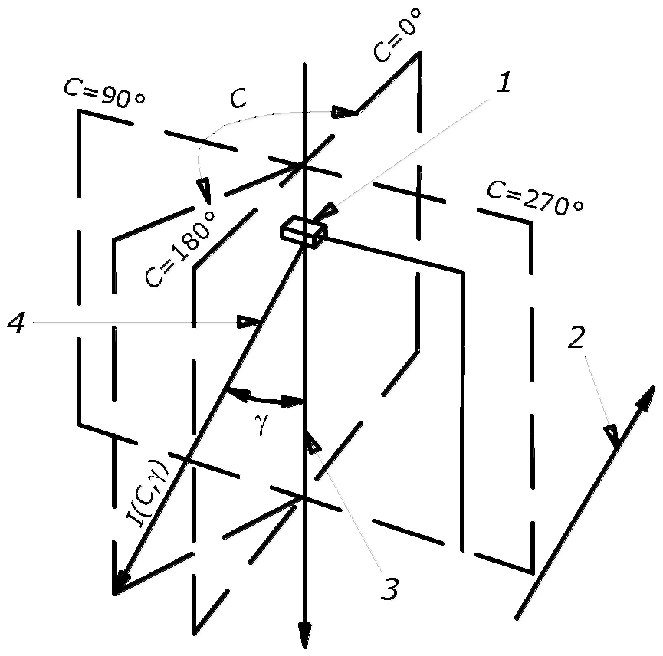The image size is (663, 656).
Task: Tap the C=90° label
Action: (x=104, y=93)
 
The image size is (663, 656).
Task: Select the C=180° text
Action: (x=179, y=248)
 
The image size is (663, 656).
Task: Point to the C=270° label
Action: (x=535, y=198)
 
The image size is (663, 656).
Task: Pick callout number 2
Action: (x=576, y=336)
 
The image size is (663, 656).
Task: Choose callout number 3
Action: (x=389, y=589)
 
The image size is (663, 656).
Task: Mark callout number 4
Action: (x=16, y=323)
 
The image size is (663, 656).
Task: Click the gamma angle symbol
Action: (x=262, y=424)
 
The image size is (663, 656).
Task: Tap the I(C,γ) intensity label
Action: (x=148, y=494)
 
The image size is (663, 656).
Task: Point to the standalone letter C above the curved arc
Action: (x=238, y=98)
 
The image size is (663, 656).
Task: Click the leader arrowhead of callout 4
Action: (x=248, y=323)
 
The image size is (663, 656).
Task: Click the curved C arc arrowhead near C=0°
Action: (x=344, y=113)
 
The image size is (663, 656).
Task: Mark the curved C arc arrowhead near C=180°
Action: (x=205, y=191)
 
